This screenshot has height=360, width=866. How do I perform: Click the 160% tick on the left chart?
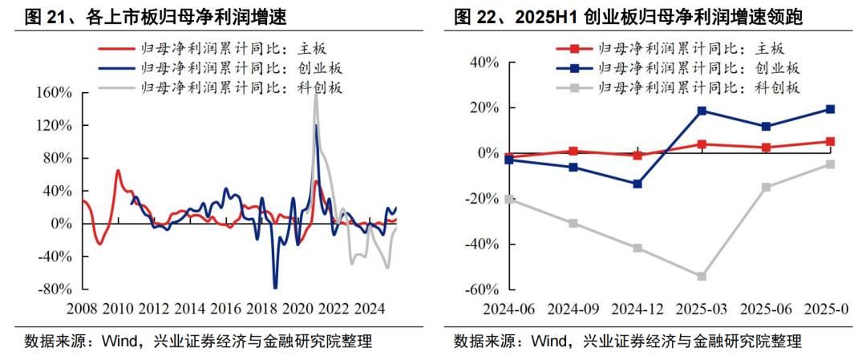coord(55,93)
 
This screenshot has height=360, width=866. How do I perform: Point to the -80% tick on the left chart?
coord(55,289)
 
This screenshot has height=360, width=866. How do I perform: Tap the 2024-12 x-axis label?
coord(637,309)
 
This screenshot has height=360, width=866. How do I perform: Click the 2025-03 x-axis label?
coord(702,309)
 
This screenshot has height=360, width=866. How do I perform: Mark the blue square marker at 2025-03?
coord(702,111)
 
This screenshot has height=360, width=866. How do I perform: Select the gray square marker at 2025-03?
coord(702,277)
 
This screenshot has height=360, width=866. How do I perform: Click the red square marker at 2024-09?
coord(573,151)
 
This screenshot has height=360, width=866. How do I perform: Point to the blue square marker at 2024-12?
coord(637,184)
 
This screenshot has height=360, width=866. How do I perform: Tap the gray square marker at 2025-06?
coord(766,188)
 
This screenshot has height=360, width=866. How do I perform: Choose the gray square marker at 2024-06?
coord(508,199)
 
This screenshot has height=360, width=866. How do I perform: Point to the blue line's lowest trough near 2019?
coord(275,287)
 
